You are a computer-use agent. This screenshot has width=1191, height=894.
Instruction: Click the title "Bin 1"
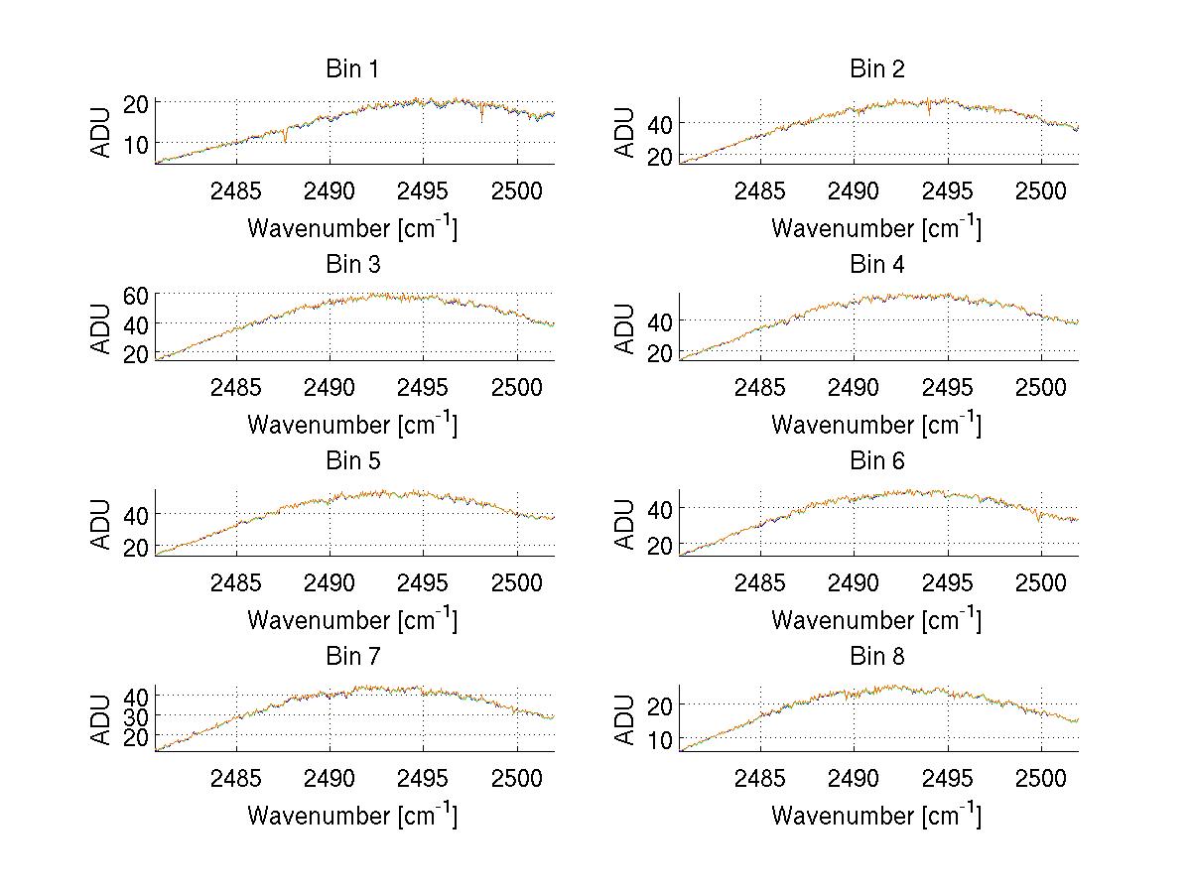(x=352, y=69)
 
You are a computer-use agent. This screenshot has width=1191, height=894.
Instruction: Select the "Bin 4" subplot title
(x=876, y=265)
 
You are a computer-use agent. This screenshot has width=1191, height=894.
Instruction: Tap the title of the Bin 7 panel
(x=352, y=657)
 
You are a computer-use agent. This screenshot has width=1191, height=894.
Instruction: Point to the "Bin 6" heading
(x=876, y=461)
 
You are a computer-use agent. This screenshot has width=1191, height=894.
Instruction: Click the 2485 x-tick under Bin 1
(x=236, y=191)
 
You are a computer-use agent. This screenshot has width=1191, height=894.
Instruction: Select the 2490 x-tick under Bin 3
(x=330, y=386)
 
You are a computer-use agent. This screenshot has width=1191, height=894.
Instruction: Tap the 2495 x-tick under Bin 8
(x=947, y=778)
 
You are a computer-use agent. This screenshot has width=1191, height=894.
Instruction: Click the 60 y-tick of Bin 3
(x=136, y=295)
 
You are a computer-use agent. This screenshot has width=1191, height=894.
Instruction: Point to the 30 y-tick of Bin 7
(x=136, y=715)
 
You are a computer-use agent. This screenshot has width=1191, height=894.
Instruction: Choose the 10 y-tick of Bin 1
(x=136, y=144)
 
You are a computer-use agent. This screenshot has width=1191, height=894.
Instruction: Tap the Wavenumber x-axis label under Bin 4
(x=876, y=425)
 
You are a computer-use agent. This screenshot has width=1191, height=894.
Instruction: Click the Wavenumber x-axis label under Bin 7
(x=352, y=816)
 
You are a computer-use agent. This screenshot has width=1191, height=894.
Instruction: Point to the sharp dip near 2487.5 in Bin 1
(x=285, y=140)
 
